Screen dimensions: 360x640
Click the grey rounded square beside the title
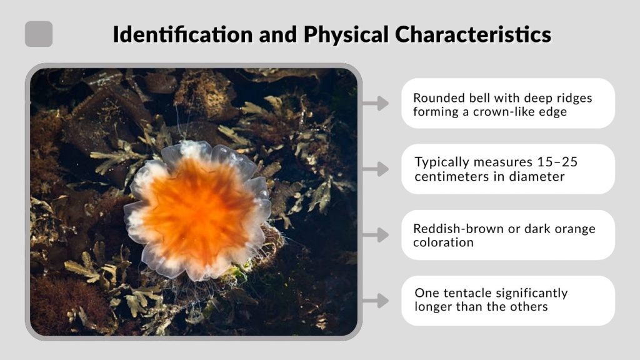click(39, 34)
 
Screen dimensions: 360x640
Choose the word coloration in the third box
click(444, 242)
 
